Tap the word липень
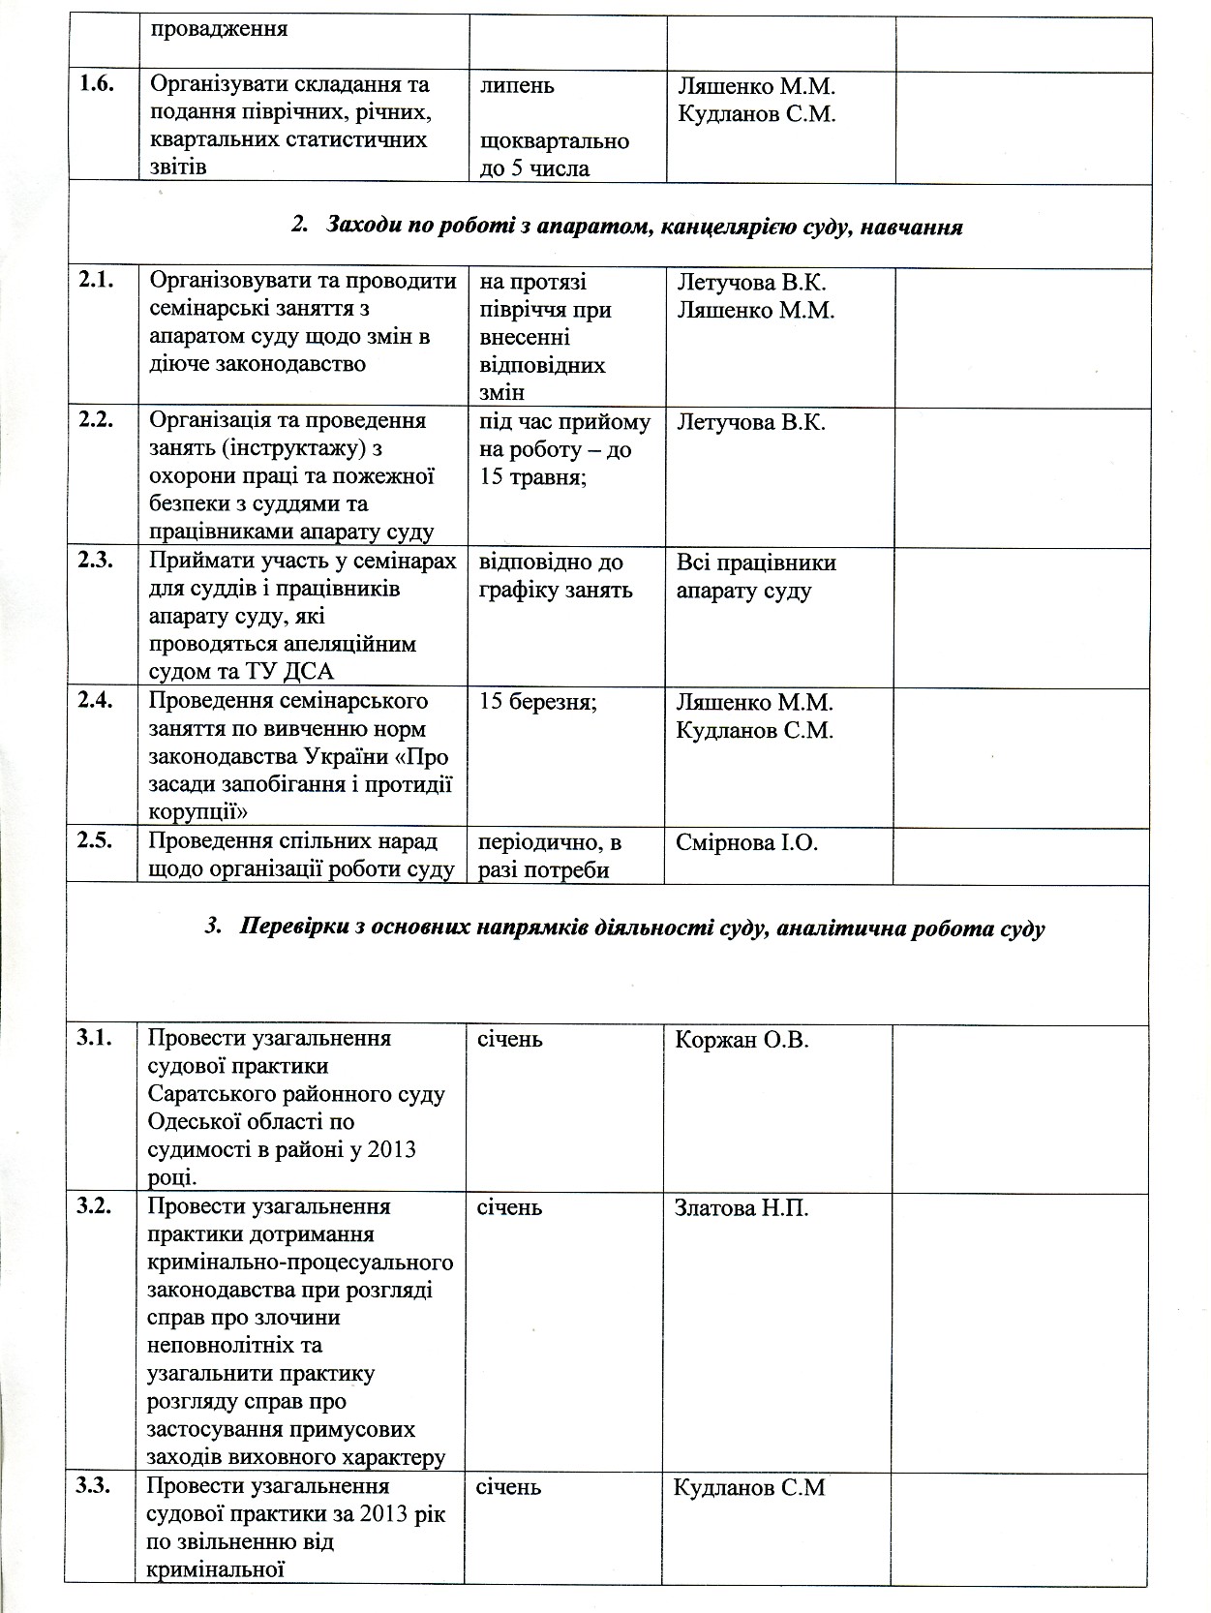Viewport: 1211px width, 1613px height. point(517,85)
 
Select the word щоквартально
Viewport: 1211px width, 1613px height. point(555,141)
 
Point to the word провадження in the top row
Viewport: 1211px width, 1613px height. point(218,28)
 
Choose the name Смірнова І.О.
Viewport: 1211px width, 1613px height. point(747,842)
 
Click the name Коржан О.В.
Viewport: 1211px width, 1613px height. point(742,1040)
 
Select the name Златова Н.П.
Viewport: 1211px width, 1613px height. point(741,1208)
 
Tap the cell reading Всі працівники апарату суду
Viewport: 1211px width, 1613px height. point(756,576)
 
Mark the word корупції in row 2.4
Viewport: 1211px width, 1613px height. point(197,811)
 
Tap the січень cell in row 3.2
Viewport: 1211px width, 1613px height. point(509,1208)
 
